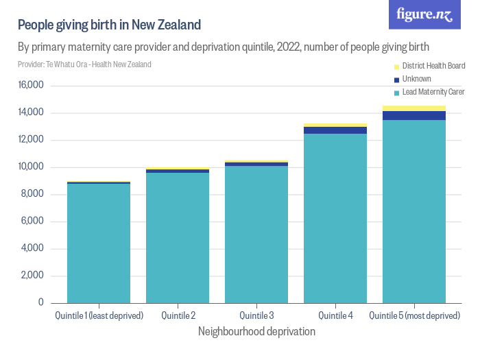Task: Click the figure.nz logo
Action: [424, 14]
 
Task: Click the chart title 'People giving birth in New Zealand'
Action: [109, 25]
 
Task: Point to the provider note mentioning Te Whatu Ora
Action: [84, 64]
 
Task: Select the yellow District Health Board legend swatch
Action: [396, 67]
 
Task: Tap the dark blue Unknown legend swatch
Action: [396, 80]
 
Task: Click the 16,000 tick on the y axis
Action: [32, 86]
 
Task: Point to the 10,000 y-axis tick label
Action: [32, 167]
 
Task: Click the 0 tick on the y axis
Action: [41, 303]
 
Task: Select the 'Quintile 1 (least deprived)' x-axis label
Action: [99, 315]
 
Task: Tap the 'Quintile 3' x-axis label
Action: [256, 315]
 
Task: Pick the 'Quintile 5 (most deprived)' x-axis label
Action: [414, 315]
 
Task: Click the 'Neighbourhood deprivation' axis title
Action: [256, 331]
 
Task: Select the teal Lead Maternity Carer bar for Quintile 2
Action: [178, 237]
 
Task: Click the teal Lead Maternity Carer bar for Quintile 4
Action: [335, 218]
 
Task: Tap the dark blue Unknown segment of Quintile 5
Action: [414, 115]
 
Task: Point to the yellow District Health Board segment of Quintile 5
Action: [414, 108]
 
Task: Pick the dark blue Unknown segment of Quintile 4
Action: [335, 130]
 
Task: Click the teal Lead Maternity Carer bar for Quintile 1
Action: [99, 243]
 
